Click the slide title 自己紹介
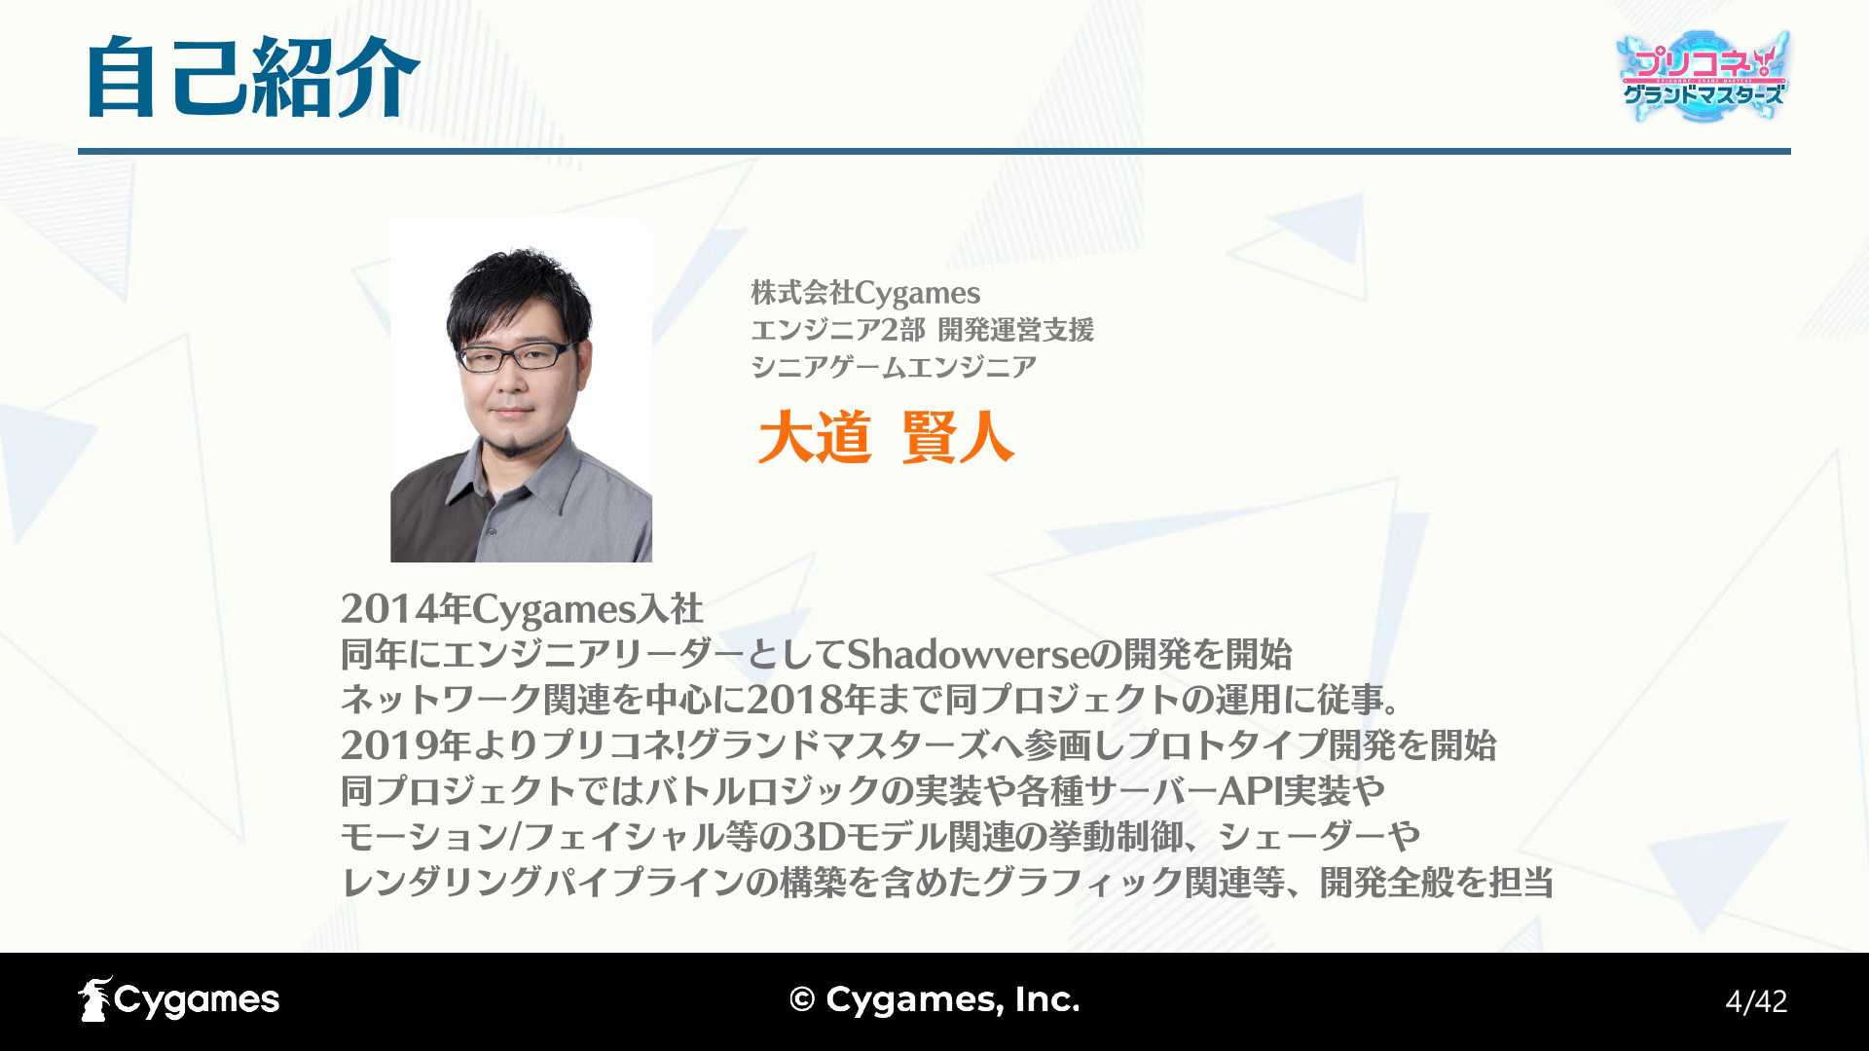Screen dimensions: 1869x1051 252,78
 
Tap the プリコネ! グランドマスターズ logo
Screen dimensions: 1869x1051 1704,77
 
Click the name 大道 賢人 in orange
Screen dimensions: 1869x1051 886,437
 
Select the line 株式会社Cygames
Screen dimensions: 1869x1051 865,292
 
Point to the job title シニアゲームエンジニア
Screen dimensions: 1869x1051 894,367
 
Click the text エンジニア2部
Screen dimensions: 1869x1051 837,330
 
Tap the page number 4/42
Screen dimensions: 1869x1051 1756,1001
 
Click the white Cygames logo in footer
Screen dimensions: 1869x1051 179,999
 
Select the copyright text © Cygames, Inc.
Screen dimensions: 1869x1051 934,999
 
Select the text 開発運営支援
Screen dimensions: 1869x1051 1016,330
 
